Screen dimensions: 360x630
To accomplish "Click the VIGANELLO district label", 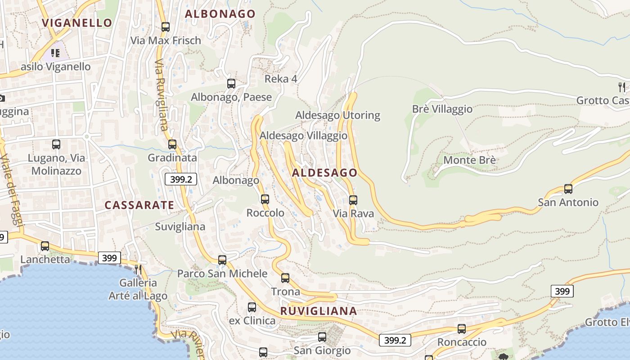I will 76,22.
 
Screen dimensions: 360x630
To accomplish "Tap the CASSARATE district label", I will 139,205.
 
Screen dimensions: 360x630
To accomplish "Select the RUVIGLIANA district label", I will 319,311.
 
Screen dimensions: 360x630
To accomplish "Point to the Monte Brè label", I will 469,160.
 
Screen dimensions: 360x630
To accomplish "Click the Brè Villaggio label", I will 442,109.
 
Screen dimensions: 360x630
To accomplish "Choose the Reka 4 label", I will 281,79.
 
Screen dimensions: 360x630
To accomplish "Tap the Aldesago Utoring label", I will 337,116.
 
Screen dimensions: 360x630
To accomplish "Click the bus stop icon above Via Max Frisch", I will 166,27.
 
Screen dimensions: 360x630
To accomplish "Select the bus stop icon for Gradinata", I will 172,144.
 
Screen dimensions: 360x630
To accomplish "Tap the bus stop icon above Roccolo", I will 265,199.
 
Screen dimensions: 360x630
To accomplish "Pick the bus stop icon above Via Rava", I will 353,200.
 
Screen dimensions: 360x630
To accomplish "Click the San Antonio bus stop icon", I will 568,189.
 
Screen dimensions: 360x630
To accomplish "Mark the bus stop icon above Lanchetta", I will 45,246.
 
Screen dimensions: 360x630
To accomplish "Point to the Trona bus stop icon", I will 285,278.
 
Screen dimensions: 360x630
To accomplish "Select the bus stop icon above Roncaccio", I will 462,328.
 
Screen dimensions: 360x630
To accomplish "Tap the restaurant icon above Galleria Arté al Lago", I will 138,269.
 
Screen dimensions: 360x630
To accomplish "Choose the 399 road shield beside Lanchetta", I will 109,258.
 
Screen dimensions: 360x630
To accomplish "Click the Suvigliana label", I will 180,227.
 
